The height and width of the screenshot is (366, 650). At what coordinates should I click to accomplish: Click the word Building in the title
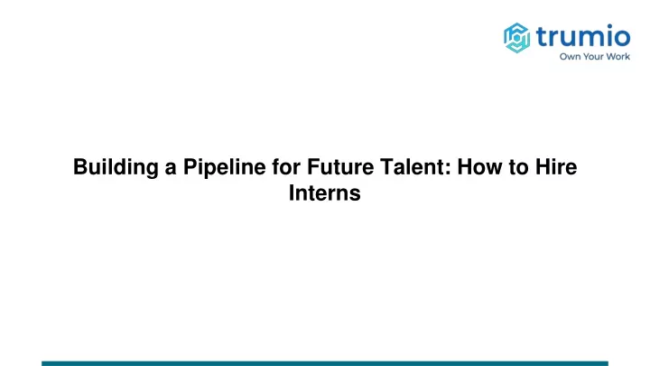point(116,168)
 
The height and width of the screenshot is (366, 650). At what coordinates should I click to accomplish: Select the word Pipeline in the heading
point(224,168)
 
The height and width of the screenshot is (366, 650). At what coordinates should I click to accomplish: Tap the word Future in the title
point(340,167)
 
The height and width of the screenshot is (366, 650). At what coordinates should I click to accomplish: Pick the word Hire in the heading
point(556,167)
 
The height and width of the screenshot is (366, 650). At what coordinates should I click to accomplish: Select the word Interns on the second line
point(325,193)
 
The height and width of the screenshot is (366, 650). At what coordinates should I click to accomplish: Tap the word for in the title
point(286,167)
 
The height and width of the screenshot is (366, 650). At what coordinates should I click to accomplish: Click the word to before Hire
point(518,168)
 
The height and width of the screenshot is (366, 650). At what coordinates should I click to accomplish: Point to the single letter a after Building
point(171,169)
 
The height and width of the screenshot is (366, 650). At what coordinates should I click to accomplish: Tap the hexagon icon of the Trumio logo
point(516,38)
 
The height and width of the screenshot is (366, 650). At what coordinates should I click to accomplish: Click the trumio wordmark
point(583,35)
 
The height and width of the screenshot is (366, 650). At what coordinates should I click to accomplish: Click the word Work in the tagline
point(620,56)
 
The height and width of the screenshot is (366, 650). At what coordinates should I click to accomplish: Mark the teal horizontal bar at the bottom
point(325,363)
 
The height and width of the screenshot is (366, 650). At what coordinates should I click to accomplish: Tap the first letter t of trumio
point(543,36)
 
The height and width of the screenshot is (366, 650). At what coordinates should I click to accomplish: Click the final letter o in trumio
point(620,37)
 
